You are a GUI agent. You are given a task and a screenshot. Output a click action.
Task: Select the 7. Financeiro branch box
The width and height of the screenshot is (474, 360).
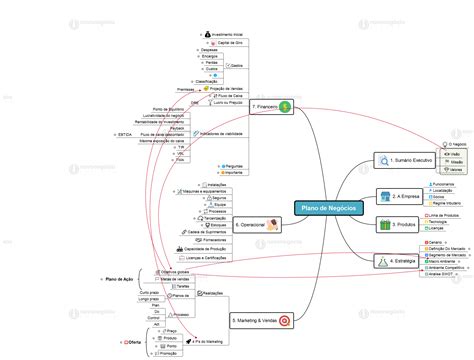click(x=267, y=106)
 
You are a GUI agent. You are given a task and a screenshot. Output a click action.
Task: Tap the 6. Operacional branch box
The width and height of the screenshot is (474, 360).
click(x=249, y=227)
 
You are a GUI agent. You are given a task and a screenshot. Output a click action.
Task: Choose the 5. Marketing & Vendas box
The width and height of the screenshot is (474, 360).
click(x=255, y=321)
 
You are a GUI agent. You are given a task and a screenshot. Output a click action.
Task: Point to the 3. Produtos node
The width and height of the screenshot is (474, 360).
click(x=400, y=227)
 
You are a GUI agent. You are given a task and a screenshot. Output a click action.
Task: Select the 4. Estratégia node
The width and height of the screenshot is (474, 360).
click(x=401, y=260)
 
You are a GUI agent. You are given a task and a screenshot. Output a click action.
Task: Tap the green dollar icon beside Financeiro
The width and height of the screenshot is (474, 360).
click(x=285, y=106)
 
